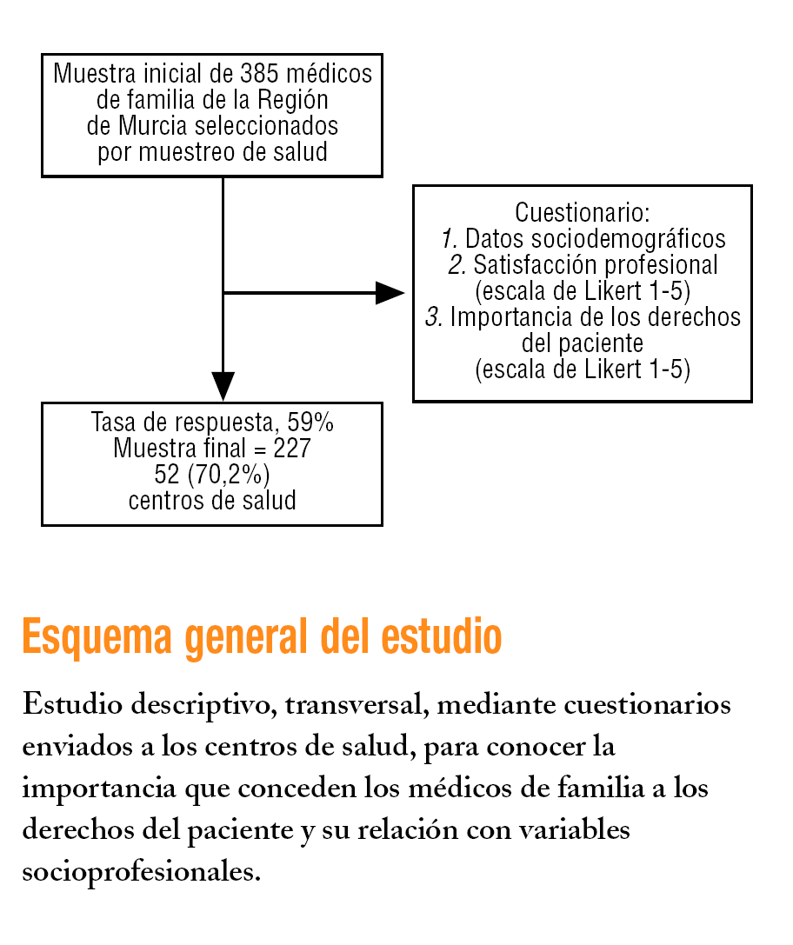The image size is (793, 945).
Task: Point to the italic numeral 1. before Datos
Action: [x=450, y=239]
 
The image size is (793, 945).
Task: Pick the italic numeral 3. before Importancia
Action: [x=434, y=317]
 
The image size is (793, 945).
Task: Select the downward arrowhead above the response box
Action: [x=223, y=385]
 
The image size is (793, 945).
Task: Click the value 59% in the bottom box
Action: [x=310, y=423]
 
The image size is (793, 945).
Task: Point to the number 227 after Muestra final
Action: [x=292, y=449]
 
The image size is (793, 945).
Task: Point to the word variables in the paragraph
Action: [x=574, y=829]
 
